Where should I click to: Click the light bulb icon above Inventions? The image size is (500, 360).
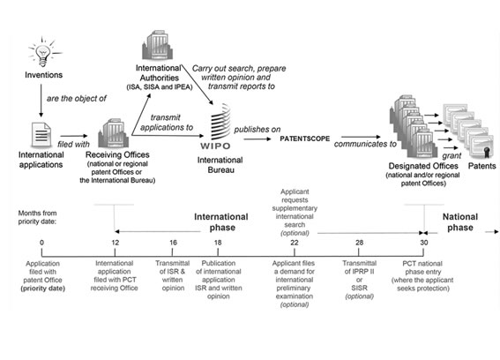point(44,53)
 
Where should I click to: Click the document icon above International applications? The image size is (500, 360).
point(41,135)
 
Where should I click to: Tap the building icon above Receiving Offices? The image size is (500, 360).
point(114,133)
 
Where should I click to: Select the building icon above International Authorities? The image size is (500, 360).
point(158,45)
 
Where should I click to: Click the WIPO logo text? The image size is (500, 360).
point(215,146)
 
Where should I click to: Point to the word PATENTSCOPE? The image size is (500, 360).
point(305,139)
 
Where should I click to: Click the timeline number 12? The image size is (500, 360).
point(116,243)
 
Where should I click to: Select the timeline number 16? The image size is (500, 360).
point(173,243)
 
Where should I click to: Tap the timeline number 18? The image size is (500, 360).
point(218,243)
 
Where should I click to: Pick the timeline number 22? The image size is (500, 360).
point(295,243)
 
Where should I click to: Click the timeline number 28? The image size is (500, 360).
point(360,243)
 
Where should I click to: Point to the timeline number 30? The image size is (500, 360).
point(424,243)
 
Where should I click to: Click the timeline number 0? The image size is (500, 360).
point(41,243)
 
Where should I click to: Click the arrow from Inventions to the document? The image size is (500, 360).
point(41,101)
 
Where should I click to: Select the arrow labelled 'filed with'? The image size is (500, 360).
point(74,136)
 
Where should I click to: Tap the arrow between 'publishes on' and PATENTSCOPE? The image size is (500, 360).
point(257,139)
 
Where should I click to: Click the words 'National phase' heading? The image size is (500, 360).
point(460,222)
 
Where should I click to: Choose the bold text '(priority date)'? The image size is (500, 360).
point(42,289)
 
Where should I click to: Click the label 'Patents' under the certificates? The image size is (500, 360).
point(481,166)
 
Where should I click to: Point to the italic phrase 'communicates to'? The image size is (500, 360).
point(365,144)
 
